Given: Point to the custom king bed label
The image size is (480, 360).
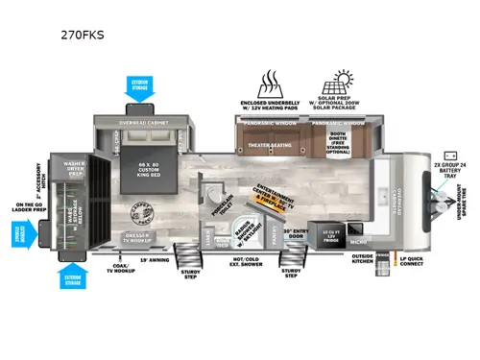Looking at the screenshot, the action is (x=151, y=165).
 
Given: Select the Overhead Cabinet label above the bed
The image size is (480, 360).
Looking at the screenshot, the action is (x=154, y=124).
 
